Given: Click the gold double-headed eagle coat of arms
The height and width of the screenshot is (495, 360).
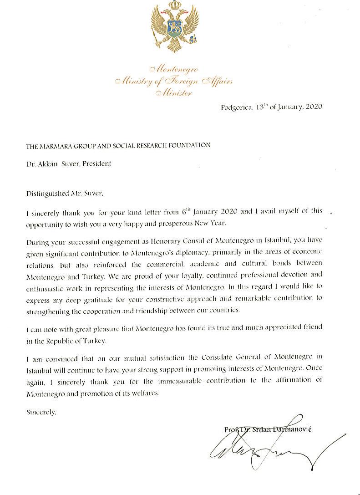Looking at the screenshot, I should point(174,27).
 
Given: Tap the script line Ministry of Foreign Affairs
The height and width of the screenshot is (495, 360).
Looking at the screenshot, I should point(174,82).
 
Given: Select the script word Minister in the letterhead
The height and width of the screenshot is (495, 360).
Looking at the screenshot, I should point(174,93).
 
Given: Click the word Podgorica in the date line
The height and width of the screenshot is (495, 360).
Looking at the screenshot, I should point(235,108).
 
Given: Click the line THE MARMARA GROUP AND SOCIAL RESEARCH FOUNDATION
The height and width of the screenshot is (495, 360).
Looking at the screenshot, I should point(118,145).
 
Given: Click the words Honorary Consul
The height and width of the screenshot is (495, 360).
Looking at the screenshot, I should point(162,240).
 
